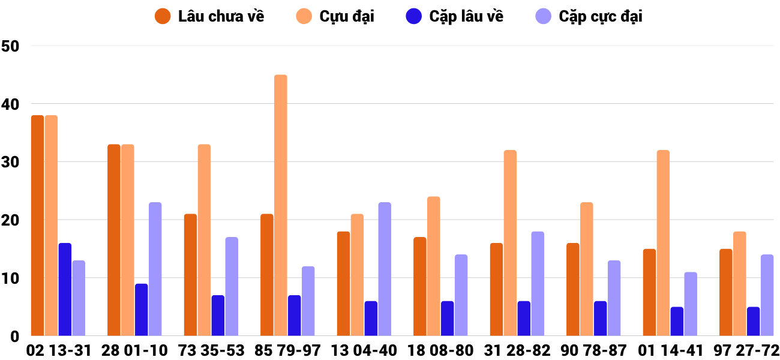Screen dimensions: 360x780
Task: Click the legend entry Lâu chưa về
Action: pyautogui.click(x=209, y=16)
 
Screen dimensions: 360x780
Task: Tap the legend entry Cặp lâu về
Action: pyautogui.click(x=455, y=16)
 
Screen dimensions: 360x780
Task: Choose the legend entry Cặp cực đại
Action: pyautogui.click(x=588, y=16)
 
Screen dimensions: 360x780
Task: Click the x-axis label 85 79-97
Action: pyautogui.click(x=287, y=350)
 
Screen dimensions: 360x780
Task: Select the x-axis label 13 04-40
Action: pyautogui.click(x=364, y=350)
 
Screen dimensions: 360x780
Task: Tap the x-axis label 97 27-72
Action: pyautogui.click(x=746, y=350)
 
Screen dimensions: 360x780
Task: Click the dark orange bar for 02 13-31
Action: pyautogui.click(x=37, y=225)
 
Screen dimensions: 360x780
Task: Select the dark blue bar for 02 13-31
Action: pyautogui.click(x=65, y=289)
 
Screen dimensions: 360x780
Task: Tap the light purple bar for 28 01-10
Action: pyautogui.click(x=155, y=269)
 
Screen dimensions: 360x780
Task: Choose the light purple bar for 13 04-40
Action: pyautogui.click(x=385, y=269)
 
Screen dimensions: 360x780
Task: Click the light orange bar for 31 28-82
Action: pyautogui.click(x=510, y=243)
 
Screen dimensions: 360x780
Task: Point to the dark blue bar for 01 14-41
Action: pyautogui.click(x=677, y=321)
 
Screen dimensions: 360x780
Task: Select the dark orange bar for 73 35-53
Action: pyautogui.click(x=190, y=275)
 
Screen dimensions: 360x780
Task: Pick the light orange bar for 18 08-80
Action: pyautogui.click(x=434, y=266)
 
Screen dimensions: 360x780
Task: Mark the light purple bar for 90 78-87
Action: pyautogui.click(x=614, y=298)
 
